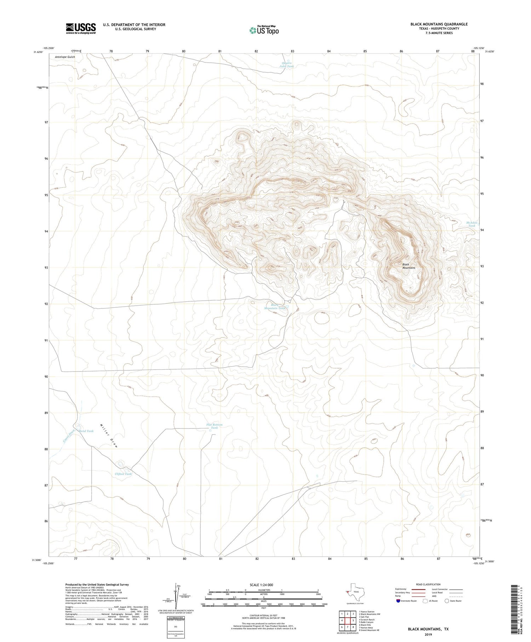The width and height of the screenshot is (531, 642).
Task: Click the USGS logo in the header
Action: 81,28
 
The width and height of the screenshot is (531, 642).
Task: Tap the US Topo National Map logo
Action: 264,30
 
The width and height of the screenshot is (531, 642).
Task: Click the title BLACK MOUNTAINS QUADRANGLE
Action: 439,24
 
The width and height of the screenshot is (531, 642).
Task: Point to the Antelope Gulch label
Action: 65,57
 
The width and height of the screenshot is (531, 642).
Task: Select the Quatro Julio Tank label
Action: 286,65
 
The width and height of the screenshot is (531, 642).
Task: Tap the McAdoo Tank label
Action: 472,224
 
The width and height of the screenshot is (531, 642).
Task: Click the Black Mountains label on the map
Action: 409,266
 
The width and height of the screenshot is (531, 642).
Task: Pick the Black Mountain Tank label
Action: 275,307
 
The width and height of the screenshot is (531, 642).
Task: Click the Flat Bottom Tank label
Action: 215,426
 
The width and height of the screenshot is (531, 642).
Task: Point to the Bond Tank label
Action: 86,431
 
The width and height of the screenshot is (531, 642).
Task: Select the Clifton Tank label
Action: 123,474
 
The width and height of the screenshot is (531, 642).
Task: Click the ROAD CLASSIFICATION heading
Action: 428,584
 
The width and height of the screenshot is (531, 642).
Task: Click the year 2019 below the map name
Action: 428,634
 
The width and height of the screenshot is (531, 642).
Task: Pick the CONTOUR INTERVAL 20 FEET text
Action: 263,615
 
